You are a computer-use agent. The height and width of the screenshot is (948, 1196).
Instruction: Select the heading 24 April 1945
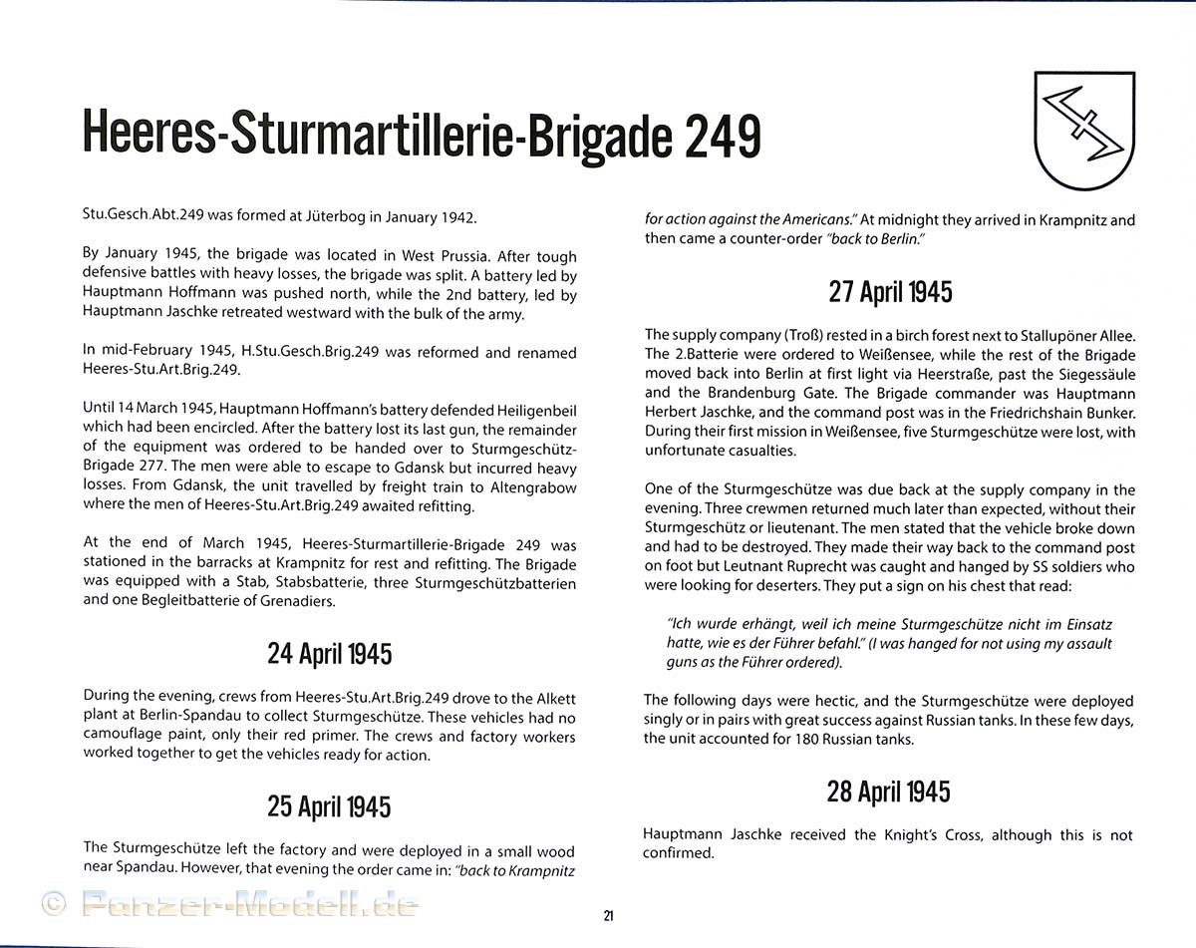(329, 654)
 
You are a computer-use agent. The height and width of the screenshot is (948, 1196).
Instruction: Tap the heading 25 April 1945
(329, 805)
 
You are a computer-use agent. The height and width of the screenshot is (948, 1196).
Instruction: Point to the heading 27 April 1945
(890, 291)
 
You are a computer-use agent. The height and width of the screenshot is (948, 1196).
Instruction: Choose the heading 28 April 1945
(888, 791)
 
